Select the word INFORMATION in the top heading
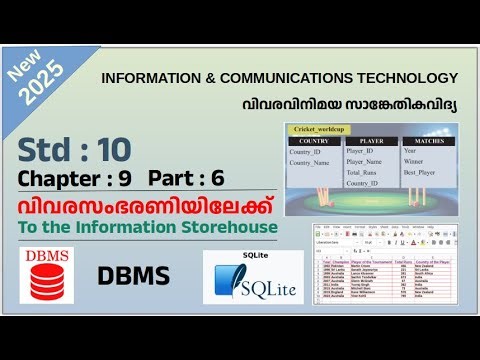(151, 78)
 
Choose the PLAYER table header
(370, 142)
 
